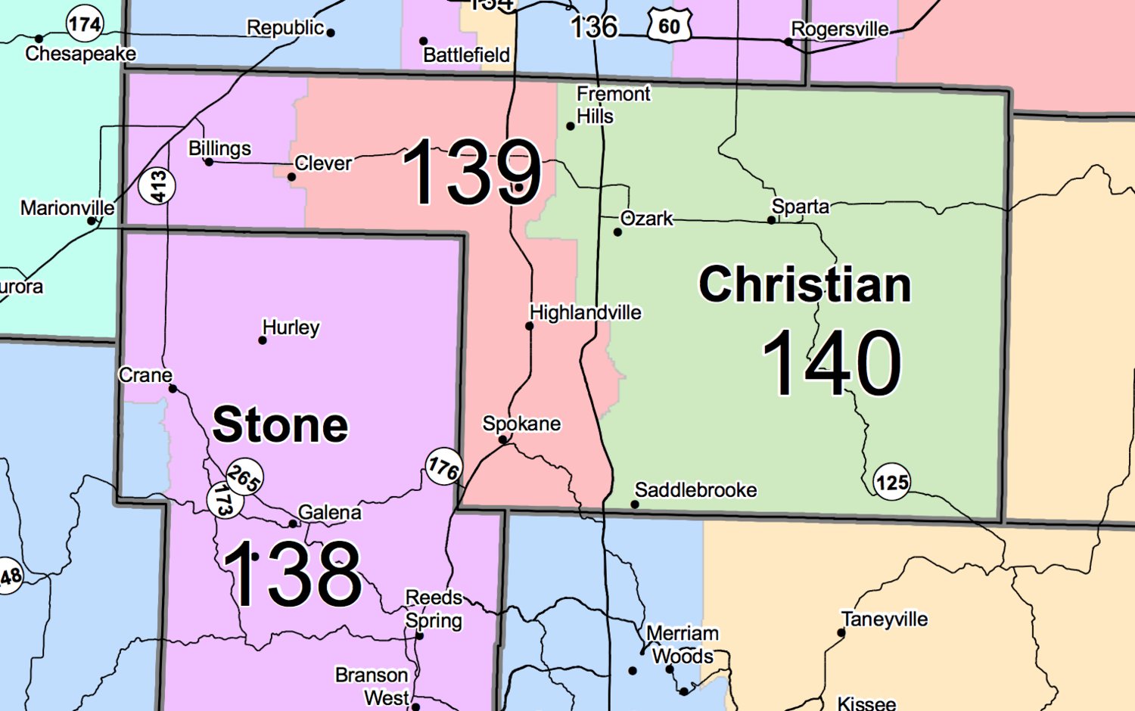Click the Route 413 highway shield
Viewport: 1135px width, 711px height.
click(x=157, y=186)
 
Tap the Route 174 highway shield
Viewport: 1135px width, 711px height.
click(x=84, y=24)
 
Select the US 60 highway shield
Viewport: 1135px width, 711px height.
click(x=669, y=26)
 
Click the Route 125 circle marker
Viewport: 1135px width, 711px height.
click(x=892, y=482)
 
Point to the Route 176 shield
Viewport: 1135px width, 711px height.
click(x=443, y=467)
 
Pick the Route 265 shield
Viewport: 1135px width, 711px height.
click(x=244, y=477)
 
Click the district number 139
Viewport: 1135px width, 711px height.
click(x=472, y=172)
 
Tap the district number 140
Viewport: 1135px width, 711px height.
click(x=831, y=363)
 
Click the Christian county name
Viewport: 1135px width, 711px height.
click(x=804, y=284)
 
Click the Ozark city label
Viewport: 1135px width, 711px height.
click(x=646, y=219)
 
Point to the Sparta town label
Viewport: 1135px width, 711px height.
click(x=800, y=206)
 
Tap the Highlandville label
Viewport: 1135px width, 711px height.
click(x=585, y=312)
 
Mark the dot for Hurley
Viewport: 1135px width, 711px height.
click(x=263, y=340)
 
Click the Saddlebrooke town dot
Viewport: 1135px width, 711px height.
click(x=635, y=505)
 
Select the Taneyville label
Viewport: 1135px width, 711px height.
click(x=885, y=619)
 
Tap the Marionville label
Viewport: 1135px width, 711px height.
click(x=67, y=208)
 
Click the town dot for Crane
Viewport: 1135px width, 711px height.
click(x=173, y=389)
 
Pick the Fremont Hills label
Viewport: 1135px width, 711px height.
click(x=613, y=105)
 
